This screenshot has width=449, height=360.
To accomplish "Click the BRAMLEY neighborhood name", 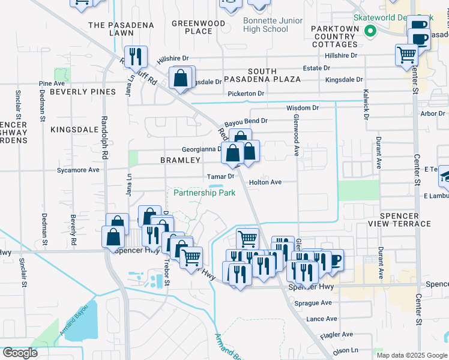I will click(x=180, y=160).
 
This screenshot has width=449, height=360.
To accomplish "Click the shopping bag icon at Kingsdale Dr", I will click(x=181, y=78).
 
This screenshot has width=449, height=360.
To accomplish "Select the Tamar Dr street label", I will click(x=220, y=177).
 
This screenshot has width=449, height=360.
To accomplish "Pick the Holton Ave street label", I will click(x=265, y=182).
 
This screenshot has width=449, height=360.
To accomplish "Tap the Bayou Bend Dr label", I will click(x=246, y=121).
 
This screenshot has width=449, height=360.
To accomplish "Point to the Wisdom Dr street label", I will click(x=302, y=107).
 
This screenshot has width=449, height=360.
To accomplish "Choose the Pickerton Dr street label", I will click(x=246, y=94).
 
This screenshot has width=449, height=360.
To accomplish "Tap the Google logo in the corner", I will click(x=19, y=352).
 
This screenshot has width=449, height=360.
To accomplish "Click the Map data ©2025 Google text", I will click(x=411, y=355).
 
